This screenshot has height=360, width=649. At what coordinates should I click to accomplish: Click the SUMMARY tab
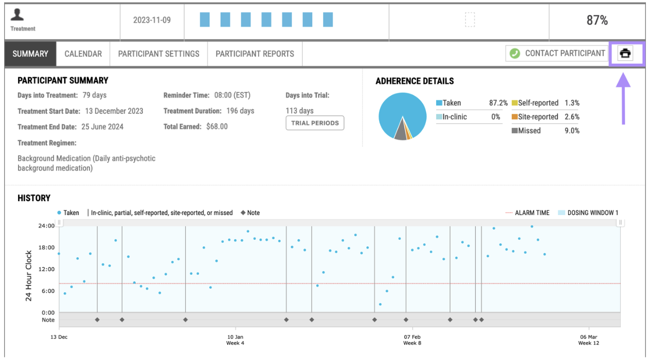pyautogui.click(x=30, y=53)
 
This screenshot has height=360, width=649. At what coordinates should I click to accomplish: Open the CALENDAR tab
pyautogui.click(x=83, y=53)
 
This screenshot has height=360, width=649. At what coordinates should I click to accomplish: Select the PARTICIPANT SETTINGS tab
pyautogui.click(x=158, y=53)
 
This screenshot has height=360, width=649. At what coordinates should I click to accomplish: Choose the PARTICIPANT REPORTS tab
pyautogui.click(x=255, y=53)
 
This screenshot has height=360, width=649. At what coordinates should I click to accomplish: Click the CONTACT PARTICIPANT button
pyautogui.click(x=557, y=53)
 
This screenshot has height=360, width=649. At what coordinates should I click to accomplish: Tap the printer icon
pyautogui.click(x=625, y=53)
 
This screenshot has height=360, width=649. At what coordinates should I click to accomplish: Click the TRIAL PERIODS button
pyautogui.click(x=315, y=123)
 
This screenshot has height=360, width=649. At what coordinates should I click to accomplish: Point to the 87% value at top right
pyautogui.click(x=597, y=21)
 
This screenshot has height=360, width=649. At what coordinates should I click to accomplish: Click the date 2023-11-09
pyautogui.click(x=152, y=21)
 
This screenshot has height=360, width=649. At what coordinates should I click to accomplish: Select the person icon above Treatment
pyautogui.click(x=18, y=15)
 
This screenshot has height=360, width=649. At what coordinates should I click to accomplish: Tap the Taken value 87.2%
pyautogui.click(x=498, y=103)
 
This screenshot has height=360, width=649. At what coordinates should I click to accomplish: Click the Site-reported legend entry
pyautogui.click(x=537, y=117)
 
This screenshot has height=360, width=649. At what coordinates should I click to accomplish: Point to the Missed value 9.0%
pyautogui.click(x=571, y=131)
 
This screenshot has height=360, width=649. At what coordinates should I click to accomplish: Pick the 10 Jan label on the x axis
pyautogui.click(x=236, y=337)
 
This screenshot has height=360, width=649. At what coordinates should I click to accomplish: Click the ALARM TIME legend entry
pyautogui.click(x=532, y=213)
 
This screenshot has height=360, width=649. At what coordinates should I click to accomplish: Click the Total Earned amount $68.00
pyautogui.click(x=216, y=127)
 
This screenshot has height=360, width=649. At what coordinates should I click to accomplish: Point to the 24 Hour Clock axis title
pyautogui.click(x=29, y=276)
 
